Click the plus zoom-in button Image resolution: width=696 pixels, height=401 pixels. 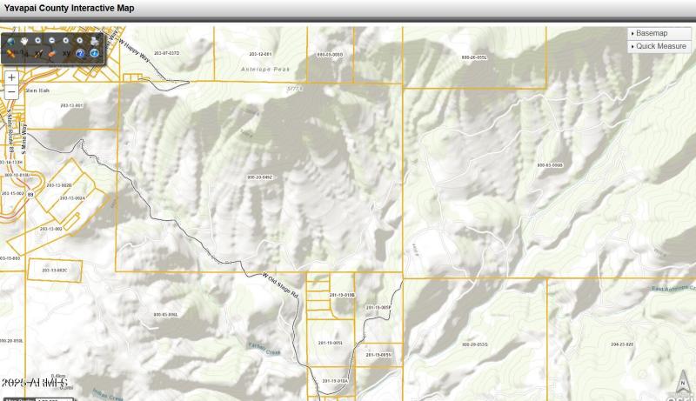pos(11,77)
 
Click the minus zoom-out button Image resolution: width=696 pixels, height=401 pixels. pos(11,91)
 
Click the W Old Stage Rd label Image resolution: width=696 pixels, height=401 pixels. pos(280,284)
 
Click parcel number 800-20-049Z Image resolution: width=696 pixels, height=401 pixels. pos(260,177)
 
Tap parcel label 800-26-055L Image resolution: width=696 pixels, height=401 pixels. pos(474,57)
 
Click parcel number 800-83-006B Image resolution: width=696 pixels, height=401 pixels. pos(550,164)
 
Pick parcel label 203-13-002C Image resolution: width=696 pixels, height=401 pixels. pos(54,271)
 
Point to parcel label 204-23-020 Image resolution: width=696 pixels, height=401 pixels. pos(622,344)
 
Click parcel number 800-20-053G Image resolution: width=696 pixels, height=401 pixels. pos(475,344)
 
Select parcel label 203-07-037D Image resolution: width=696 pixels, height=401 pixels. pos(166,53)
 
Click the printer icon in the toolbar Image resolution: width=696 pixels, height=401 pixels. pos(93,40)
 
